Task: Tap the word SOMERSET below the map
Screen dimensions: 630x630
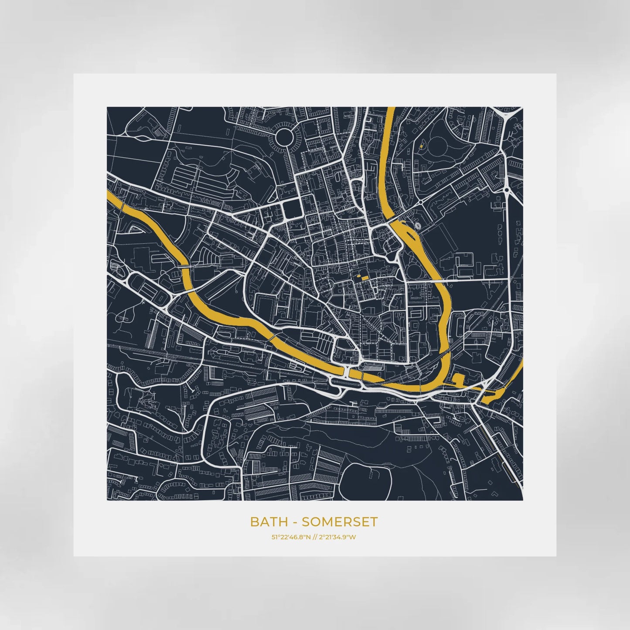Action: click(x=340, y=521)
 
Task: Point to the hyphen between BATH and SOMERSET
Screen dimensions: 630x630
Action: click(x=295, y=522)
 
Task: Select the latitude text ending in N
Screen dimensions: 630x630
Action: click(x=291, y=537)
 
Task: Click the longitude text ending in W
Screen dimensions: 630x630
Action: click(x=337, y=537)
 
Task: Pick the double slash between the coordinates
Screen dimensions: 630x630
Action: click(x=315, y=537)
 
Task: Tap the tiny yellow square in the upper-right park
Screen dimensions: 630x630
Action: click(x=421, y=146)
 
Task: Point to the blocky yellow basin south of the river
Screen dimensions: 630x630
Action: click(x=459, y=379)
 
